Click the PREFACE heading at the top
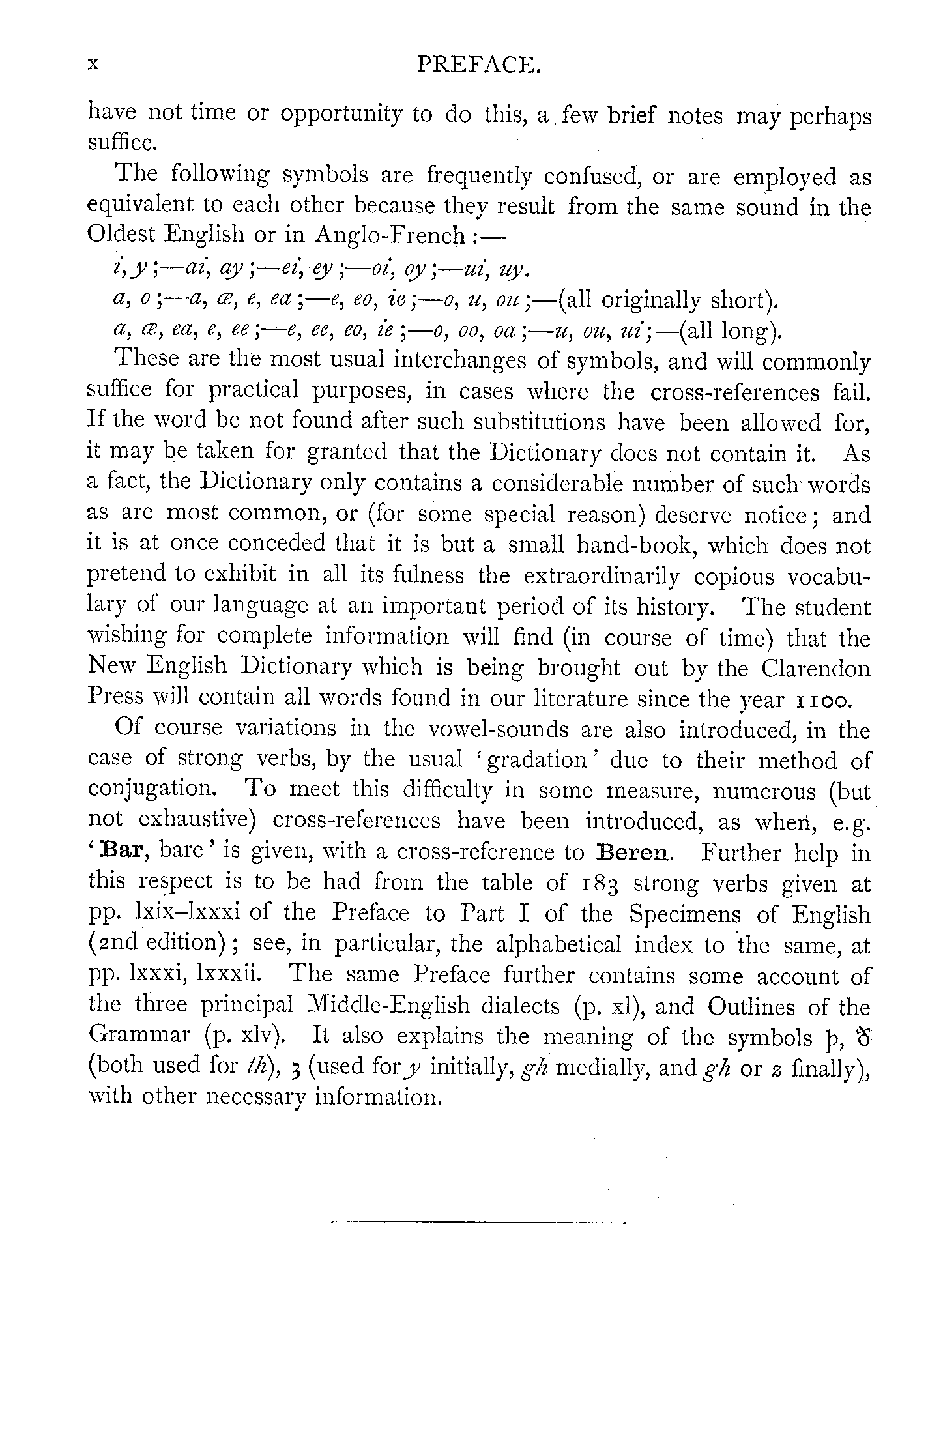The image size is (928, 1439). [480, 66]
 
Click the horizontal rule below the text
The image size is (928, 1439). [478, 1223]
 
